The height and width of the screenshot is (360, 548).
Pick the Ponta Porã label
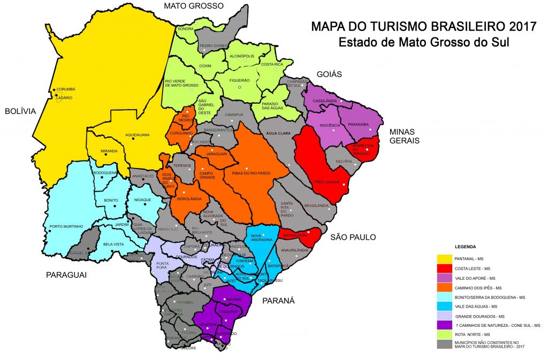162,265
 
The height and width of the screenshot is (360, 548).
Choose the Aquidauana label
137,135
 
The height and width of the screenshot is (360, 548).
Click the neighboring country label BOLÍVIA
20,111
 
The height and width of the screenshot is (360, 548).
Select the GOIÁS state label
329,74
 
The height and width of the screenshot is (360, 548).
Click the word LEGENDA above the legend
465,247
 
